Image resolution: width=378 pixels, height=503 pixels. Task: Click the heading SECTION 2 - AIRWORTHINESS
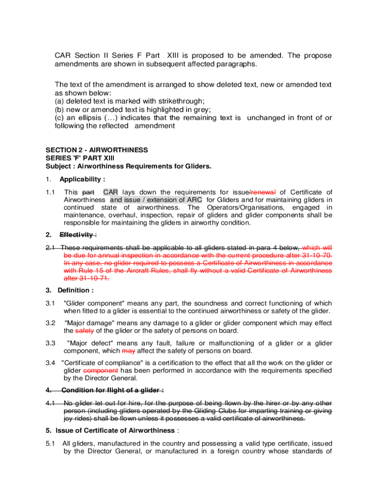tap(97, 150)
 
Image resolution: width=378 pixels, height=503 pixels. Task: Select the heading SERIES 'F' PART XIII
tap(79, 158)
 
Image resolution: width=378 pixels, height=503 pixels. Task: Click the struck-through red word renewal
tap(263, 192)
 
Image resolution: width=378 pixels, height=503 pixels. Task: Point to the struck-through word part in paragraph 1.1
tap(88, 192)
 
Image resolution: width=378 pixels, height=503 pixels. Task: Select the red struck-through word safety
tap(74, 331)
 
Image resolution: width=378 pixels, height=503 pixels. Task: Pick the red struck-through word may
tap(128, 351)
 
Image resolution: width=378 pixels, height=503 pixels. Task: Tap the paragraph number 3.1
tap(50, 303)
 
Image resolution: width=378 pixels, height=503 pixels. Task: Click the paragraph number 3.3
tap(50, 343)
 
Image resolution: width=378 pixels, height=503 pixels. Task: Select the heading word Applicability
tap(81, 179)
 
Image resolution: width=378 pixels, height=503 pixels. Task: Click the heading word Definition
tap(75, 290)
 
